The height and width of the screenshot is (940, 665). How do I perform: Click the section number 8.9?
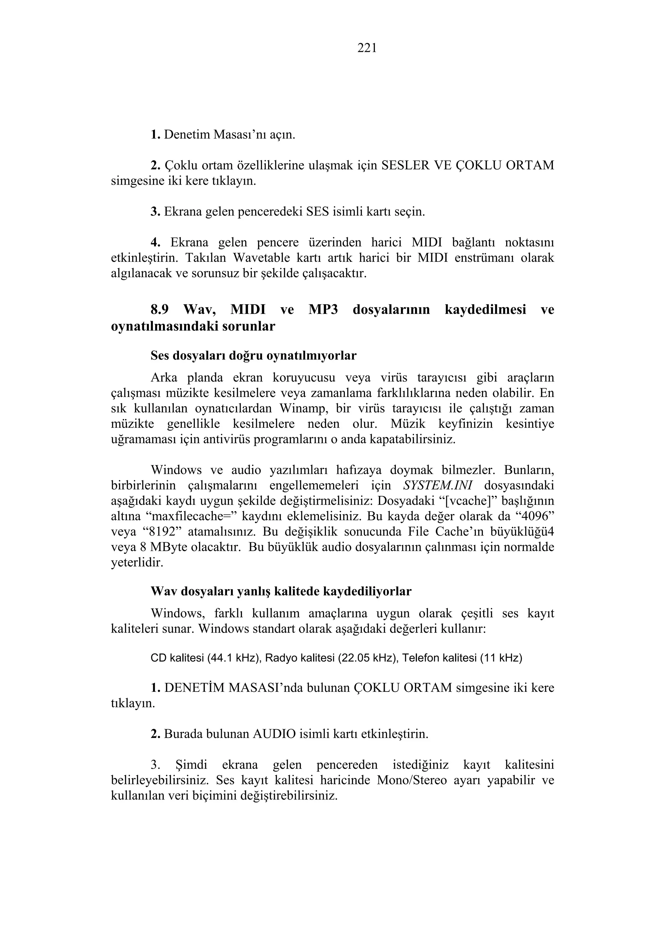[x=159, y=309]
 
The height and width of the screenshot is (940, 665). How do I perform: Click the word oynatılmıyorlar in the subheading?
[x=311, y=356]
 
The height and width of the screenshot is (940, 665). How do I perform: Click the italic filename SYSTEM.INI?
[x=438, y=486]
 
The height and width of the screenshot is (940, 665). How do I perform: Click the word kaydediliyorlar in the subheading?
[x=367, y=591]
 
